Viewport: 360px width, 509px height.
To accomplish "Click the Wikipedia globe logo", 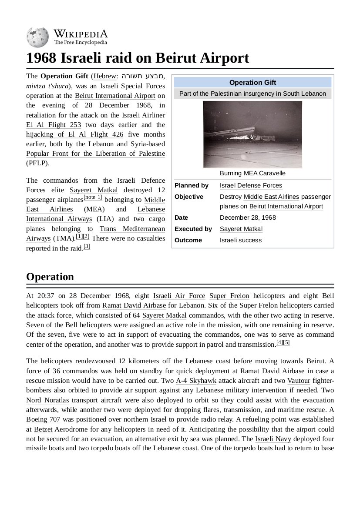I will pyautogui.click(x=37, y=37).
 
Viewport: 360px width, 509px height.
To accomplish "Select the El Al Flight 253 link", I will pyautogui.click(x=54, y=124).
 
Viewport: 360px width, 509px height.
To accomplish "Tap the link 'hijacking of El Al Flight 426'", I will pyautogui.click(x=74, y=134).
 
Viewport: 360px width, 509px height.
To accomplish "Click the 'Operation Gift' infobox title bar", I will pyautogui.click(x=252, y=83).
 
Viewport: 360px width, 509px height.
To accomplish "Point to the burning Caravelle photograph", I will pyautogui.click(x=252, y=134).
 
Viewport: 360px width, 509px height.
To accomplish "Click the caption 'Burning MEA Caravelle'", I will pyautogui.click(x=252, y=173).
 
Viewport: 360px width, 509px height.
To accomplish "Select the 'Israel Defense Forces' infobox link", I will pyautogui.click(x=251, y=185).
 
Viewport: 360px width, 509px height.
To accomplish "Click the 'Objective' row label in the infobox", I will pyautogui.click(x=189, y=197).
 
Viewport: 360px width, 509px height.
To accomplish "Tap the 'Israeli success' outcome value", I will pyautogui.click(x=241, y=240).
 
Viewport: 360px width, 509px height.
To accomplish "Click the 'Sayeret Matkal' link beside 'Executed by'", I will pyautogui.click(x=241, y=229).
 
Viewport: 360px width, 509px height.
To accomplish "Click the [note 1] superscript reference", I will pyautogui.click(x=93, y=198).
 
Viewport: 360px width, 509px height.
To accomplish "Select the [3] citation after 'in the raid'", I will pyautogui.click(x=87, y=246).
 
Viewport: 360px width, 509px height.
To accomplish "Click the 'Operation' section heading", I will pyautogui.click(x=50, y=277).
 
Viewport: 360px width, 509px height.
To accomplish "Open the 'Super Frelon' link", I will pyautogui.click(x=229, y=296).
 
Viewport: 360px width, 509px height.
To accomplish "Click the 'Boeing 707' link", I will pyautogui.click(x=43, y=419).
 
